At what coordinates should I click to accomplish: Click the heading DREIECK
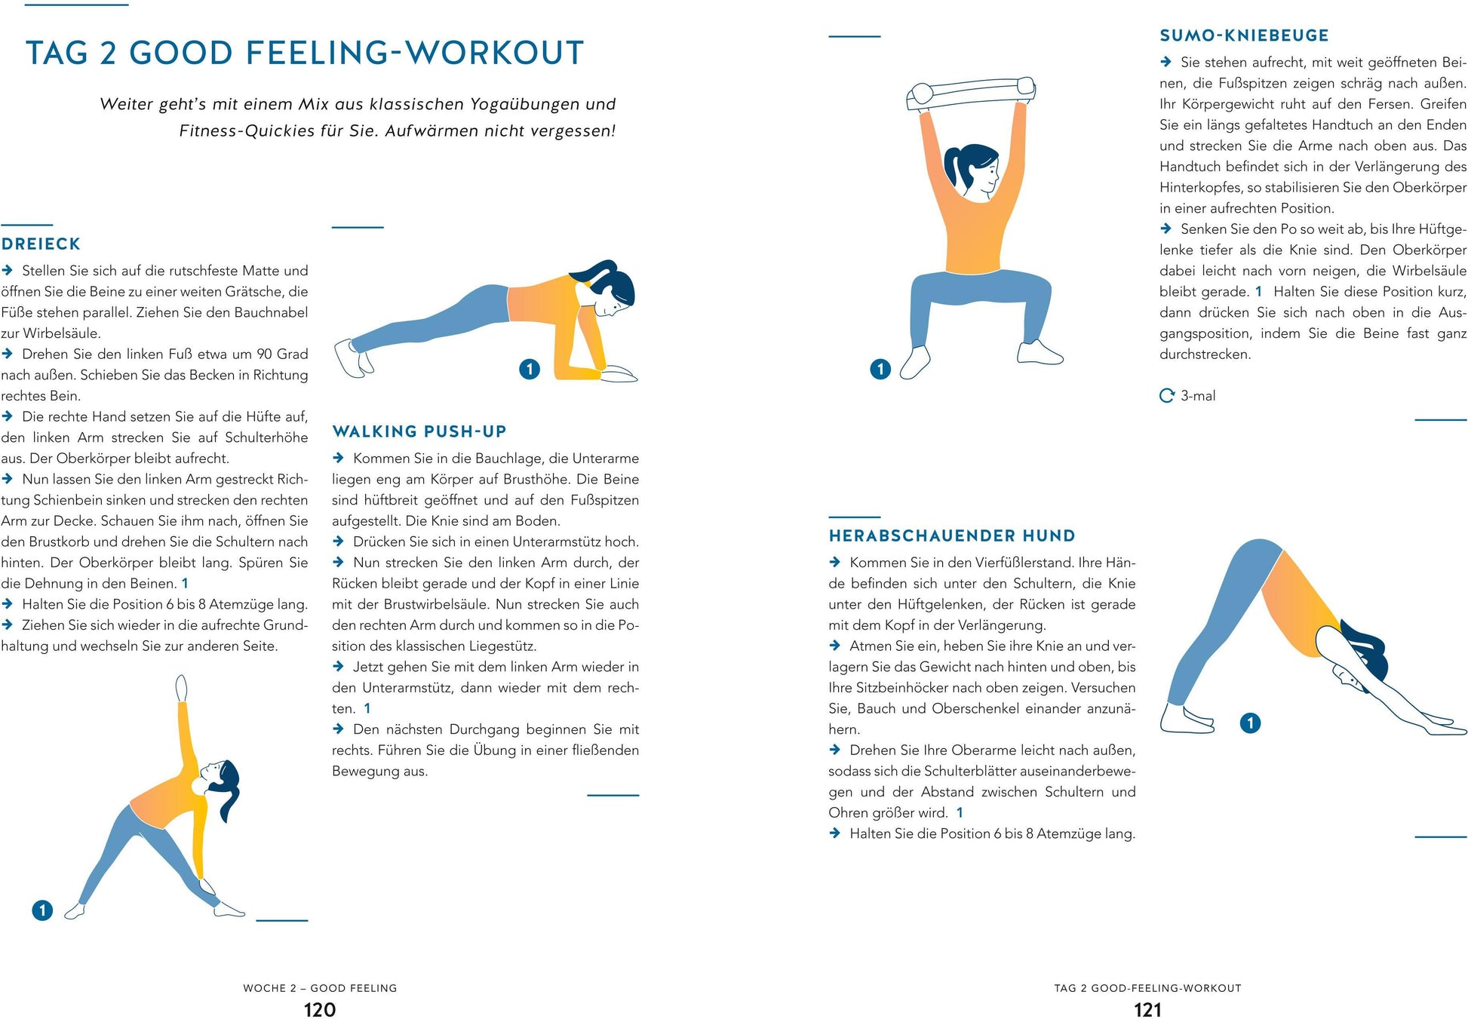pos(41,244)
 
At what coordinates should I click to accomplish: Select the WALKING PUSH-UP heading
pos(419,431)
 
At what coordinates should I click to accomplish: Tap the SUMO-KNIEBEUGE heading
pos(1245,35)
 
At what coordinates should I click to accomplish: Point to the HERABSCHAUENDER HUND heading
pos(952,536)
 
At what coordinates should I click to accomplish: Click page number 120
pos(320,1010)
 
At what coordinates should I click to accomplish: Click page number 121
pos(1148,1010)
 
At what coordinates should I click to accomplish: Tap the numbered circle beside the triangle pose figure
pos(42,910)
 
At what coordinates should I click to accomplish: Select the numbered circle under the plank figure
pos(530,369)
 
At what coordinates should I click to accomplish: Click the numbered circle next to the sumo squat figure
pos(880,369)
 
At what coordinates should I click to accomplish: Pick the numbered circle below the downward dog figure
pos(1250,723)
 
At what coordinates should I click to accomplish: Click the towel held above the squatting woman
pos(971,94)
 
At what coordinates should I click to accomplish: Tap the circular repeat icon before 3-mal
pos(1167,395)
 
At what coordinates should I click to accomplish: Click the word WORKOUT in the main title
pos(494,53)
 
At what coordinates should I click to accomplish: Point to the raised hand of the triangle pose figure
pos(181,688)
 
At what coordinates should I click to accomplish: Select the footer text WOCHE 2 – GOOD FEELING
pos(320,988)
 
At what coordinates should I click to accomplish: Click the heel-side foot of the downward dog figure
pos(1187,718)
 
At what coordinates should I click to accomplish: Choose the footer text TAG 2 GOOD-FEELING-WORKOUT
pos(1147,988)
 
